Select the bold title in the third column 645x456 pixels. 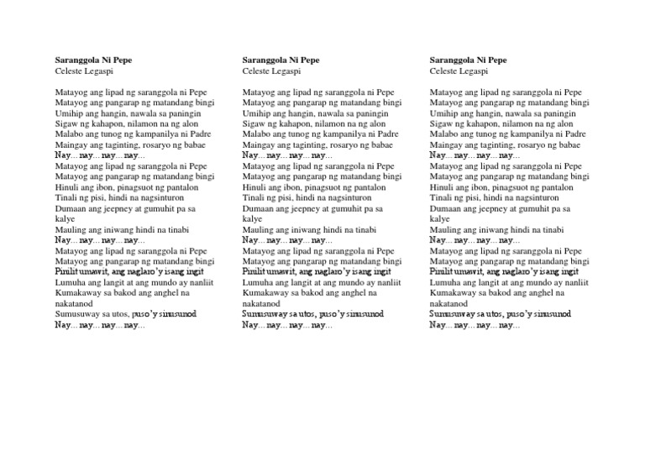click(467, 60)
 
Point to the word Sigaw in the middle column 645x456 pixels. click(254, 123)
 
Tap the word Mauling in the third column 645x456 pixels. click(446, 229)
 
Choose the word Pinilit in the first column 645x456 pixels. click(69, 271)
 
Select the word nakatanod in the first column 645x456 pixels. click(74, 303)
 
